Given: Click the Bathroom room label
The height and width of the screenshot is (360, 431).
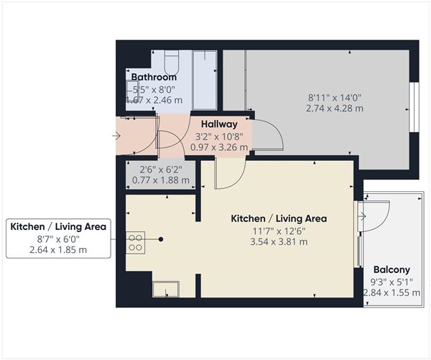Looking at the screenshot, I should pos(154,78).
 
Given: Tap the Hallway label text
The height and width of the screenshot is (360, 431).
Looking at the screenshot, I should pos(219,124).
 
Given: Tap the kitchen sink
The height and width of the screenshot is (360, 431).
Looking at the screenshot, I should pos(165,289).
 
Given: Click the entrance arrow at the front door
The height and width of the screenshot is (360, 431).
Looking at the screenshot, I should pos(117,135).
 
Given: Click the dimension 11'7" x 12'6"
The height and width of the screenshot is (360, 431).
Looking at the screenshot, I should pos(279,231).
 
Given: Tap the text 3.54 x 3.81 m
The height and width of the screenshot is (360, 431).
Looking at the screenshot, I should pos(279,242).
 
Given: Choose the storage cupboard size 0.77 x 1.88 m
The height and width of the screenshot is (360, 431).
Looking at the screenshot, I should pos(157,180).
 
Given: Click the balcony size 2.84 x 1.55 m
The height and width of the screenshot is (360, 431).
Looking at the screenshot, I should pos(391,292).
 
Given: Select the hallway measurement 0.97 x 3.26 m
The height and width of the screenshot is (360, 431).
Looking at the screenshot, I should pos(219,147).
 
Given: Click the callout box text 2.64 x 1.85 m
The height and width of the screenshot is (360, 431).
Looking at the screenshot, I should pos(58,249).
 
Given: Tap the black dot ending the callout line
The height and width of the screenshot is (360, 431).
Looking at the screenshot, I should pos(162,239).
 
